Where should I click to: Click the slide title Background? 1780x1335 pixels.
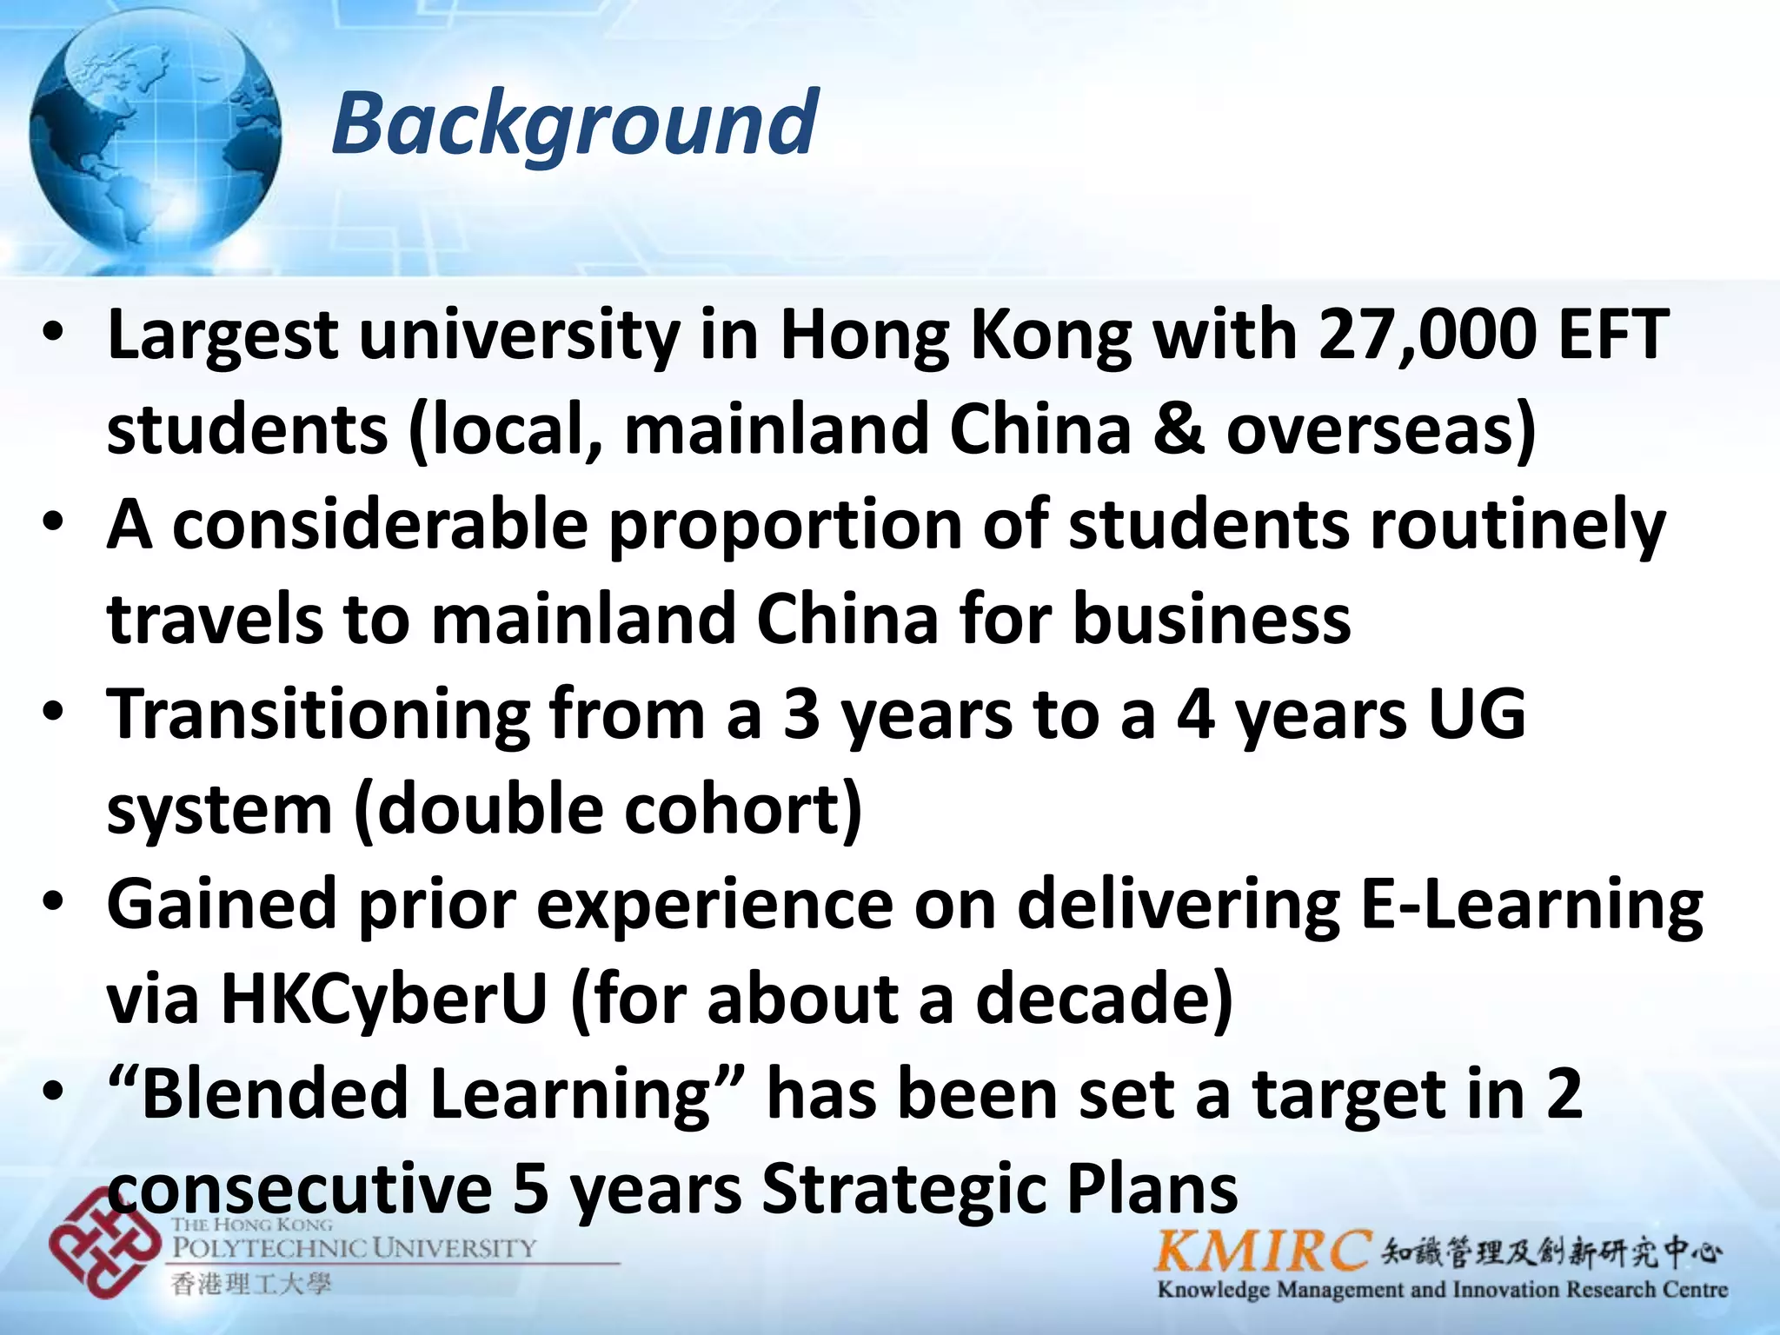point(575,124)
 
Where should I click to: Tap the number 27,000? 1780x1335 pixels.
point(1426,335)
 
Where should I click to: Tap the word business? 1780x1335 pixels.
point(1212,619)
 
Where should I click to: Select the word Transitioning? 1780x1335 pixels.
point(318,715)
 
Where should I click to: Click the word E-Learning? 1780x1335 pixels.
point(1531,905)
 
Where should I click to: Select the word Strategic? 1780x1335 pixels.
point(903,1189)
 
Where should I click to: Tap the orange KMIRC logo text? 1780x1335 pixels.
point(1263,1252)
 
